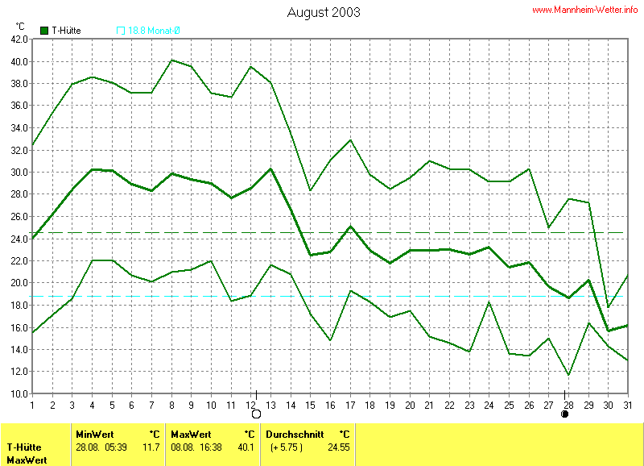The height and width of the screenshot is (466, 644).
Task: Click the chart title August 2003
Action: point(324,13)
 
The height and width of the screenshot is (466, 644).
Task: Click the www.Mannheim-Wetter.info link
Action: point(585,10)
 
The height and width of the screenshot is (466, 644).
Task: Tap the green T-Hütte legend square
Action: point(44,31)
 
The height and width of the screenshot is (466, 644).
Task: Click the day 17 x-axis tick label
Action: point(350,405)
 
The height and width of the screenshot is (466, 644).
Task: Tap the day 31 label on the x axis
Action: point(628,405)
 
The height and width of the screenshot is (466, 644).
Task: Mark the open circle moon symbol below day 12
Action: point(256,414)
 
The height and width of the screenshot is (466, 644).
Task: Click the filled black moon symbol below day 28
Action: point(565,414)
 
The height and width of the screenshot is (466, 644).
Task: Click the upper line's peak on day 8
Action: point(171,60)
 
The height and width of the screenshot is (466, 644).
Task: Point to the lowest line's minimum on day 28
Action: point(568,375)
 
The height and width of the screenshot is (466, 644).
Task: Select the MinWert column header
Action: point(93,434)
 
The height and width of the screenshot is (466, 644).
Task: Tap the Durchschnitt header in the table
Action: point(295,434)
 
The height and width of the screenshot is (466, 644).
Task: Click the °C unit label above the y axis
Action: point(20,27)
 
